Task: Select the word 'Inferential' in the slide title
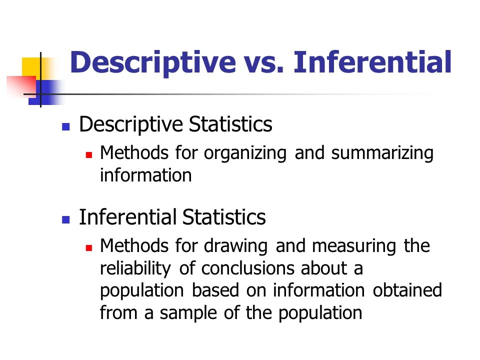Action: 372,63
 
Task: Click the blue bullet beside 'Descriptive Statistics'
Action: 64,127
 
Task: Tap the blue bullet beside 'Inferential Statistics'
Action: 64,220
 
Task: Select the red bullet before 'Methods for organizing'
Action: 89,155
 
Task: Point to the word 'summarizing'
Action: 382,153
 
